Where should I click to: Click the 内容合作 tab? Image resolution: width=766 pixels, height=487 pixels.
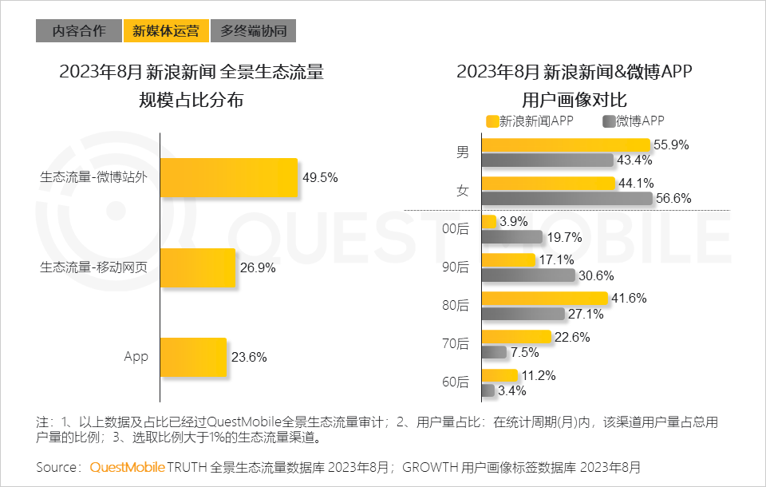[x=78, y=31]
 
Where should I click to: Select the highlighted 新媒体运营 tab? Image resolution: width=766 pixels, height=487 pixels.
[x=166, y=31]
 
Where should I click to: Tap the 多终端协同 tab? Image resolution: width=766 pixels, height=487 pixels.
[x=254, y=31]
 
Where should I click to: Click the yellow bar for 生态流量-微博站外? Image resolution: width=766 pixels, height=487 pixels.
[x=229, y=177]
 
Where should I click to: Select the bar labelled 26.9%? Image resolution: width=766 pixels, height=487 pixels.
[x=199, y=267]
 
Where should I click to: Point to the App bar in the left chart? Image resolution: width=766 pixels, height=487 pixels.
[x=193, y=357]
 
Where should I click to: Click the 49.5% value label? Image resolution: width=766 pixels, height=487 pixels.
[x=320, y=177]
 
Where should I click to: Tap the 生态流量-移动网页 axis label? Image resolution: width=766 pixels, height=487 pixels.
[x=93, y=267]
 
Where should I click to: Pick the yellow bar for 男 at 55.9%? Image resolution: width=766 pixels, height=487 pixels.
[x=566, y=145]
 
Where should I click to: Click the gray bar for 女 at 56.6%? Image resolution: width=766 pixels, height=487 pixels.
[x=567, y=198]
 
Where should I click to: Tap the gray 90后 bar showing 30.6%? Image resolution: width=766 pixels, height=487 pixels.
[x=528, y=275]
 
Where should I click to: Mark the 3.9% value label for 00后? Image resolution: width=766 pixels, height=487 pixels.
[x=512, y=221]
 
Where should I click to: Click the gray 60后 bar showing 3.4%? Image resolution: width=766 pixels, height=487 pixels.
[x=488, y=390]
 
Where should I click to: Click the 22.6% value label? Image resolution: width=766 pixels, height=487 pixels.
[x=572, y=337]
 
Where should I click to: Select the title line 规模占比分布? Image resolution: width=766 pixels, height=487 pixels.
[x=191, y=101]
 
